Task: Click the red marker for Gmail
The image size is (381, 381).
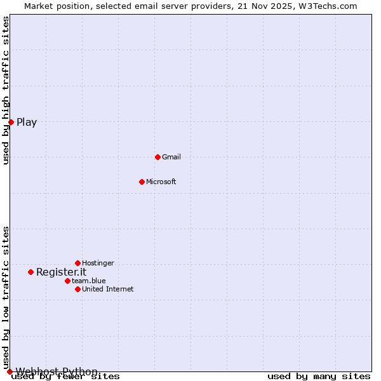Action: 157,157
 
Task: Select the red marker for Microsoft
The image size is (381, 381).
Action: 142,182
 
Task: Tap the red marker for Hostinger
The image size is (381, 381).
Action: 77,263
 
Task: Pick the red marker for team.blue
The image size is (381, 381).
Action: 67,281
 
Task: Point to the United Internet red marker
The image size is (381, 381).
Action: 77,289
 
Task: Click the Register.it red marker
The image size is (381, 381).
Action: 30,272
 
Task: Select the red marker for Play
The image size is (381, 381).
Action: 11,122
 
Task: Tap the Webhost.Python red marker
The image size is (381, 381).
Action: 10,371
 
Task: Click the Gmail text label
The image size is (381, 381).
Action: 171,157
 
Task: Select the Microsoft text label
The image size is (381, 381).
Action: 161,182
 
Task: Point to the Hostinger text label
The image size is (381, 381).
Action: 98,263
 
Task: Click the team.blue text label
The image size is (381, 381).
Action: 89,281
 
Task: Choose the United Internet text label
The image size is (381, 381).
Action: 108,289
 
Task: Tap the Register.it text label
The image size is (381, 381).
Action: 61,272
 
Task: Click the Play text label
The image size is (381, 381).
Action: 27,123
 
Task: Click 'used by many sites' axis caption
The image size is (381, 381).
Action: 319,377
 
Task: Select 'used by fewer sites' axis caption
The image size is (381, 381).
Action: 66,377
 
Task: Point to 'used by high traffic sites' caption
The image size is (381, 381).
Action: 6,90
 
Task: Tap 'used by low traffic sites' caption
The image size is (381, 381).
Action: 6,297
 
